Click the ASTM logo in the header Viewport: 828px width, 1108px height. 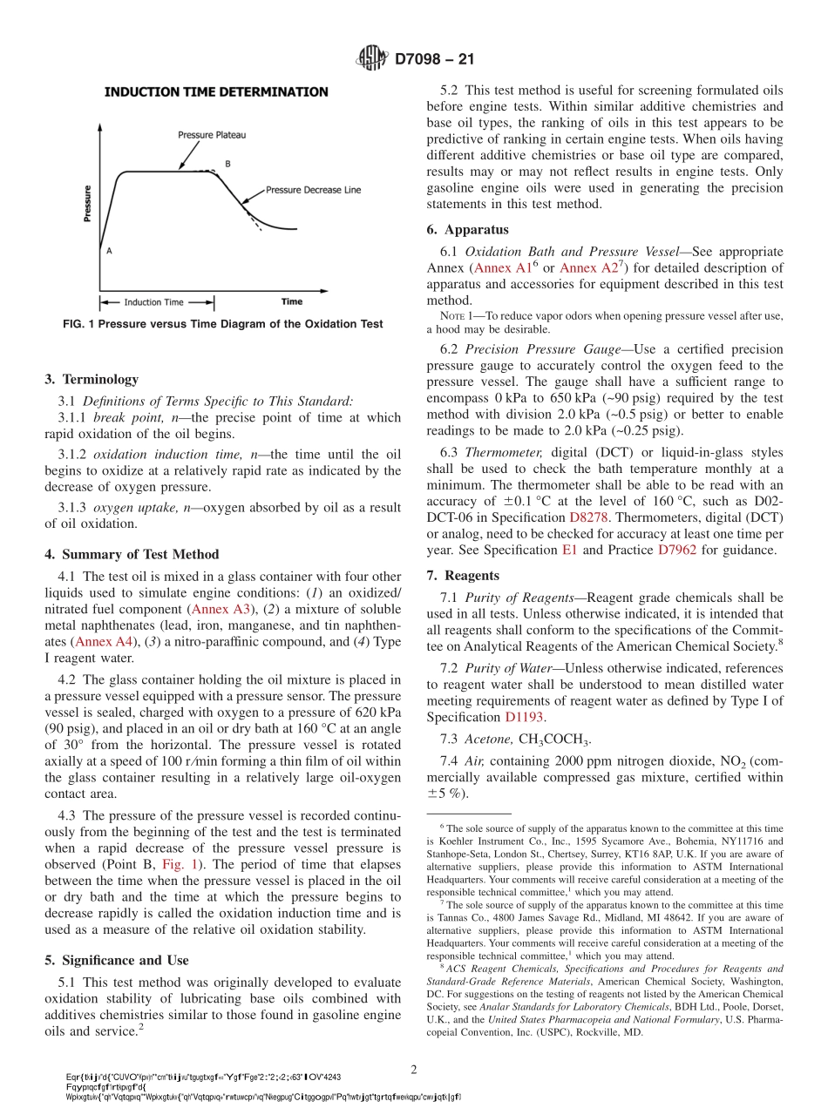[x=372, y=59]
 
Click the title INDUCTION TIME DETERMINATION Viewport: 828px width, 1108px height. [x=216, y=91]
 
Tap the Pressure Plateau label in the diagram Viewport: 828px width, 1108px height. [x=212, y=135]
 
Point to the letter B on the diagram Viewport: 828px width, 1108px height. [x=227, y=164]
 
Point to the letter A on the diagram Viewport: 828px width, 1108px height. [x=109, y=250]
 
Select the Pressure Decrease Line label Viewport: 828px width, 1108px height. [x=312, y=189]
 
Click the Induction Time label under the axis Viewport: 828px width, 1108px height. [x=153, y=302]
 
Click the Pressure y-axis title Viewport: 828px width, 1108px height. [x=87, y=203]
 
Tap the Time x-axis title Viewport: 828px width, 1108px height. [x=292, y=302]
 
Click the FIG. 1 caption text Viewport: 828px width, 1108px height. [x=222, y=324]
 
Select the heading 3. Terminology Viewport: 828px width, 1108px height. [x=92, y=379]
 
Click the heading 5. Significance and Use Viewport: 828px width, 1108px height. [x=116, y=960]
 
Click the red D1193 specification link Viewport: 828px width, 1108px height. [x=524, y=717]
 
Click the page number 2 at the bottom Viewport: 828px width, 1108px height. [x=415, y=1069]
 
